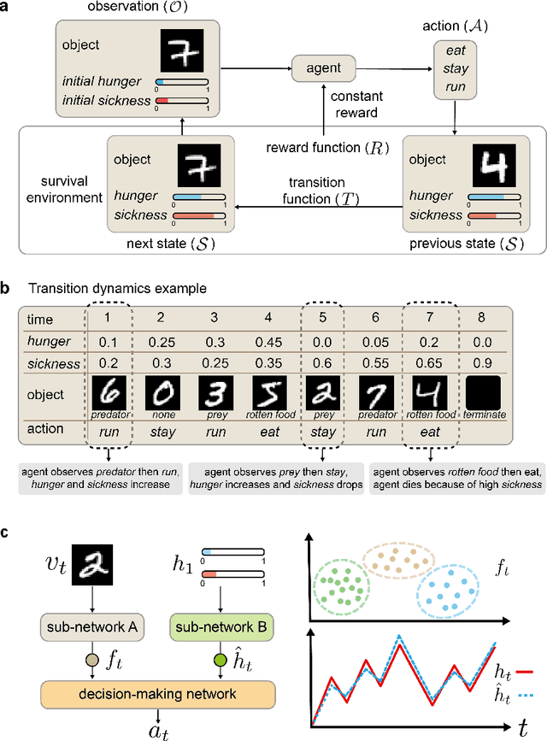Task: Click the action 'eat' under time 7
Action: point(431,432)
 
